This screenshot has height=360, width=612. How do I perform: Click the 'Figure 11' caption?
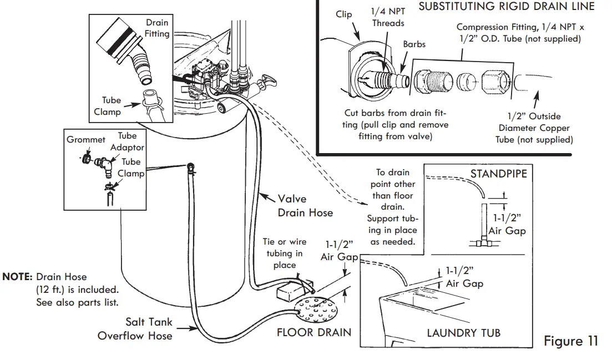click(571, 341)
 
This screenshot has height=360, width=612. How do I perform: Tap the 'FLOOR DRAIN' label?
click(313, 333)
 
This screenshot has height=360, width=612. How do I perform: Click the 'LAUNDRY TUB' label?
click(463, 333)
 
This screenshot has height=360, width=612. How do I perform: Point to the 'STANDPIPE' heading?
click(498, 174)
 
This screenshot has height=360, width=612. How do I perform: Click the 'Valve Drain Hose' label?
click(305, 205)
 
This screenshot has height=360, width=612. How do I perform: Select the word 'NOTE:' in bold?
click(18, 276)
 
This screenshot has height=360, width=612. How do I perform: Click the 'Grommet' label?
click(86, 140)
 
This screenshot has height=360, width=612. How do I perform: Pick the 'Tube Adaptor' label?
click(127, 141)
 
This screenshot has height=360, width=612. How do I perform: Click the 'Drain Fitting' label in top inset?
click(157, 28)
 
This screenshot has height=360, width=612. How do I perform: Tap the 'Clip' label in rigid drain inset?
click(344, 14)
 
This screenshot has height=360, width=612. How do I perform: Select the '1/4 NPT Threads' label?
click(388, 18)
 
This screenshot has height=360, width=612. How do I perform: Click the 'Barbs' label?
click(414, 44)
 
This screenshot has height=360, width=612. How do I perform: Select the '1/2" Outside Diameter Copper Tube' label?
click(534, 128)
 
